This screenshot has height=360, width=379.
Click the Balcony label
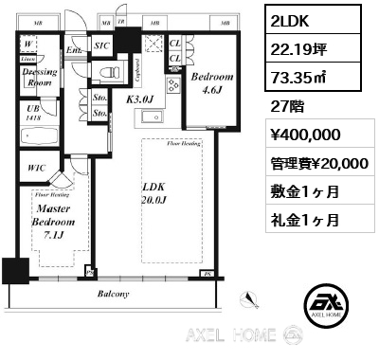coord(113,295)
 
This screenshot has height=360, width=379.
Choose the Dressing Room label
coord(38,77)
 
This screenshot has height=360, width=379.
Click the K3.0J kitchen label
coord(139,97)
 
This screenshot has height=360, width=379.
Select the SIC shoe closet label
coord(102,45)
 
